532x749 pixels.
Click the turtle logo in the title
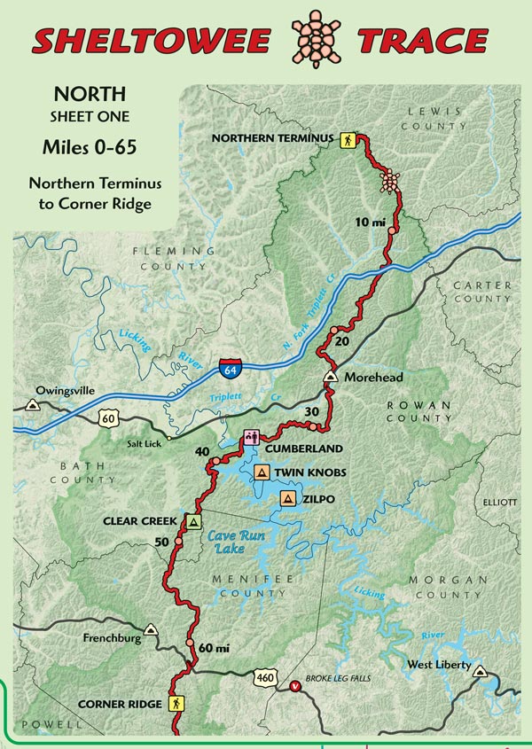(x=316, y=40)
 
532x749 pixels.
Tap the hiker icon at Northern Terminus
(x=348, y=139)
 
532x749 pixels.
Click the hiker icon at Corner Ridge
(x=176, y=704)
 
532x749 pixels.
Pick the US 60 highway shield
(x=109, y=417)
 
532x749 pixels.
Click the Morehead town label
(x=372, y=378)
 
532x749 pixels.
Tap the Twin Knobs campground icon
(x=262, y=472)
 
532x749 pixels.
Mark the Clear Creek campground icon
(x=193, y=521)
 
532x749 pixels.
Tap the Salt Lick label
(x=142, y=443)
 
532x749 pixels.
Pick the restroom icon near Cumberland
(x=251, y=437)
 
